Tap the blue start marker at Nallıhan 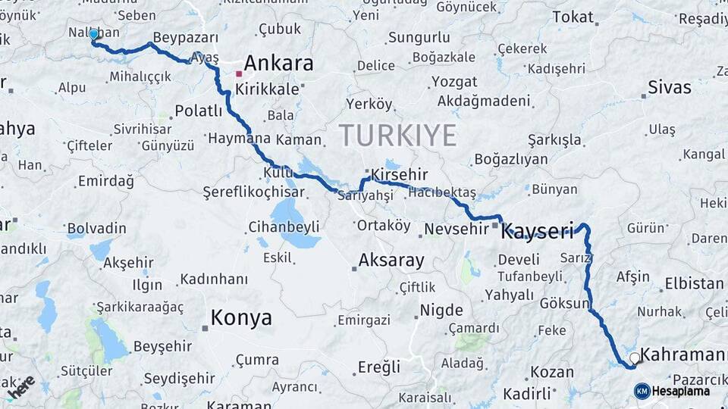tap(94, 35)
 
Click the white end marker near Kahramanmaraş tap(634, 357)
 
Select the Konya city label tap(241, 317)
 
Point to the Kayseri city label tap(538, 231)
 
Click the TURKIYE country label tap(397, 136)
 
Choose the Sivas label tap(670, 87)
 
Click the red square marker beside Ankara tap(239, 74)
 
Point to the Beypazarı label tap(186, 37)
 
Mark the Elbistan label tap(694, 283)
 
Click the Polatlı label tap(198, 111)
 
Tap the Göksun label tap(565, 304)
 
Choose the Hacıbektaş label tap(442, 193)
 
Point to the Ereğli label tap(378, 367)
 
